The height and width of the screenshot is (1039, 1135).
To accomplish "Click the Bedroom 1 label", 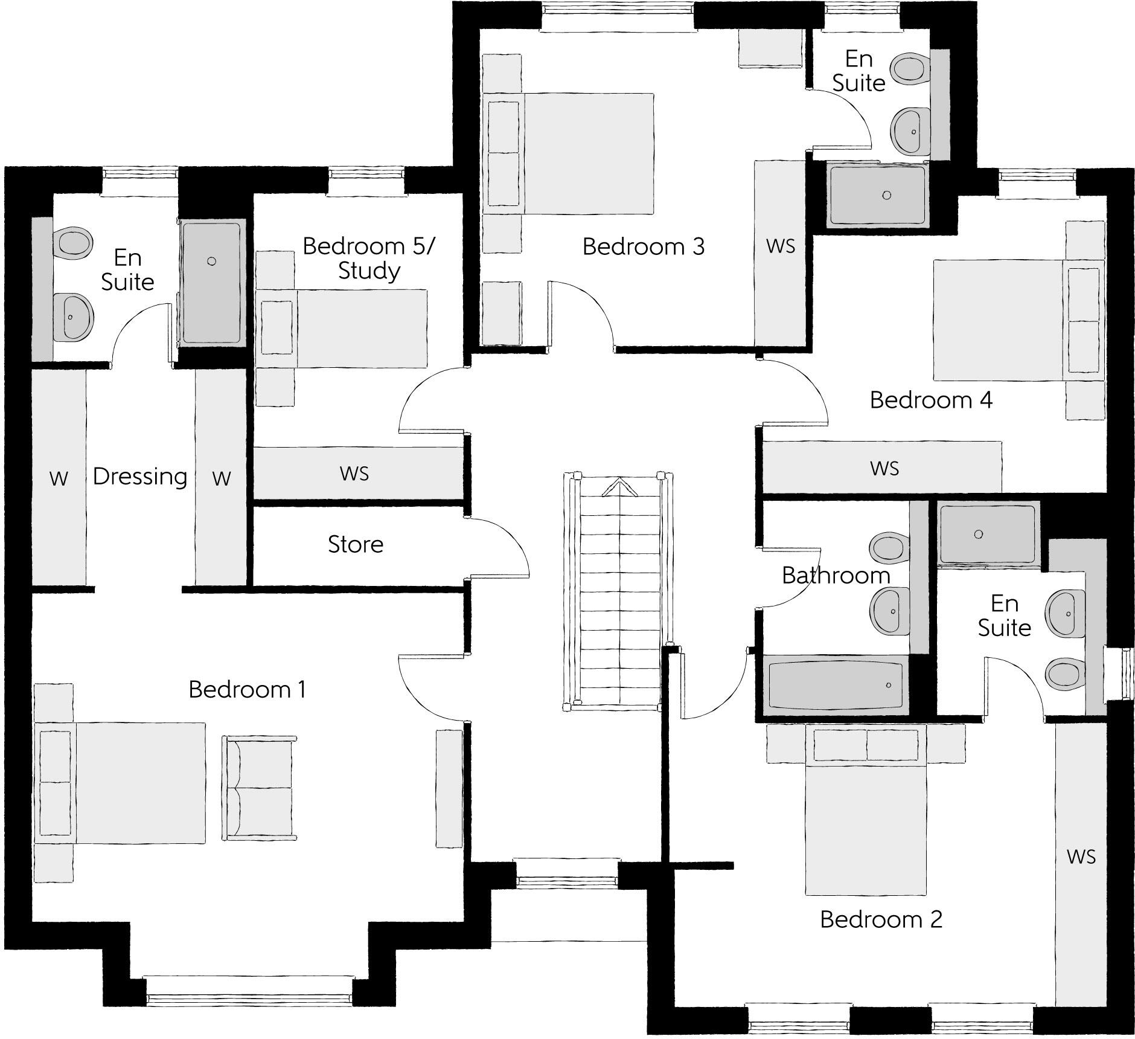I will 247,689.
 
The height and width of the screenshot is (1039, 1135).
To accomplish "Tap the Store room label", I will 355,544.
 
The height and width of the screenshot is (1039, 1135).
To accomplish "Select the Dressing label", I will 140,477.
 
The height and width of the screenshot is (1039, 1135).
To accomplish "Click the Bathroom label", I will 836,575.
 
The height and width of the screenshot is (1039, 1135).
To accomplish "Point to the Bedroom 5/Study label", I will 368,258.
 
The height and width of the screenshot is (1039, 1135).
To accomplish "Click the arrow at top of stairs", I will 620,486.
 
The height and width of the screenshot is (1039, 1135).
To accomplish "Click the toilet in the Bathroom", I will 888,547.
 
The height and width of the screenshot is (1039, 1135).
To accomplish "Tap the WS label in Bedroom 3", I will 780,246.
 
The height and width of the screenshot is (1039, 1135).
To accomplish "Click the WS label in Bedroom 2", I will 1080,857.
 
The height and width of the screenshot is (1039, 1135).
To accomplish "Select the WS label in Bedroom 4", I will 884,468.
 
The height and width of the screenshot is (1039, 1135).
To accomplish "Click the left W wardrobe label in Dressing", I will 59,478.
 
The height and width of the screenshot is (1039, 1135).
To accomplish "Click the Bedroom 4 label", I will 930,400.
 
